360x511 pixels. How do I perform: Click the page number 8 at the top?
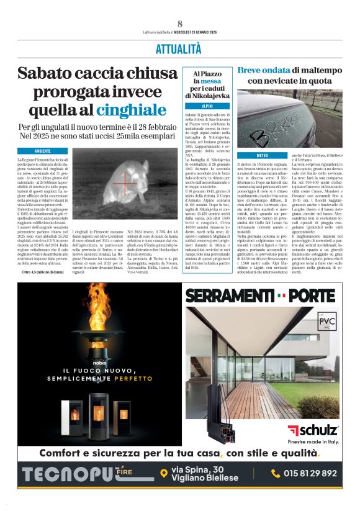[179, 24]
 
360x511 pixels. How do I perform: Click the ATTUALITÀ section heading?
[179, 49]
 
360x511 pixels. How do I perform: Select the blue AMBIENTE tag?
[43, 151]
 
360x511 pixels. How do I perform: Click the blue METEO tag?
[262, 155]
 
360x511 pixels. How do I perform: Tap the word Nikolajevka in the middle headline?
[207, 96]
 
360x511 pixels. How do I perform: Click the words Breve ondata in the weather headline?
[263, 70]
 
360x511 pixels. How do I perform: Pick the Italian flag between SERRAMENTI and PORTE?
[282, 295]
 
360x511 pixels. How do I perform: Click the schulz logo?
[313, 430]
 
